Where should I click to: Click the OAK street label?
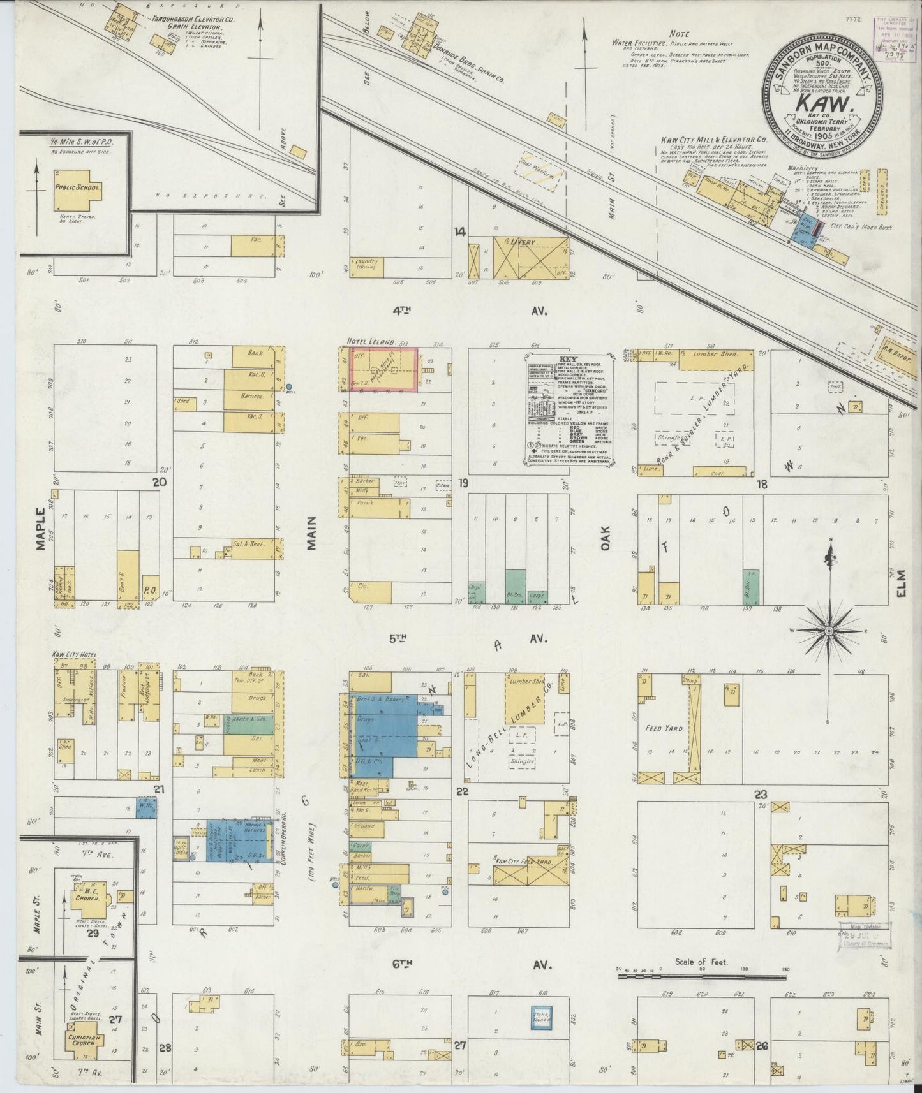click(604, 539)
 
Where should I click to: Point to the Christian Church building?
click(85, 1046)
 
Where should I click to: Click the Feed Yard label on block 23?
click(663, 728)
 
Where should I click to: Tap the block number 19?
click(462, 483)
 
